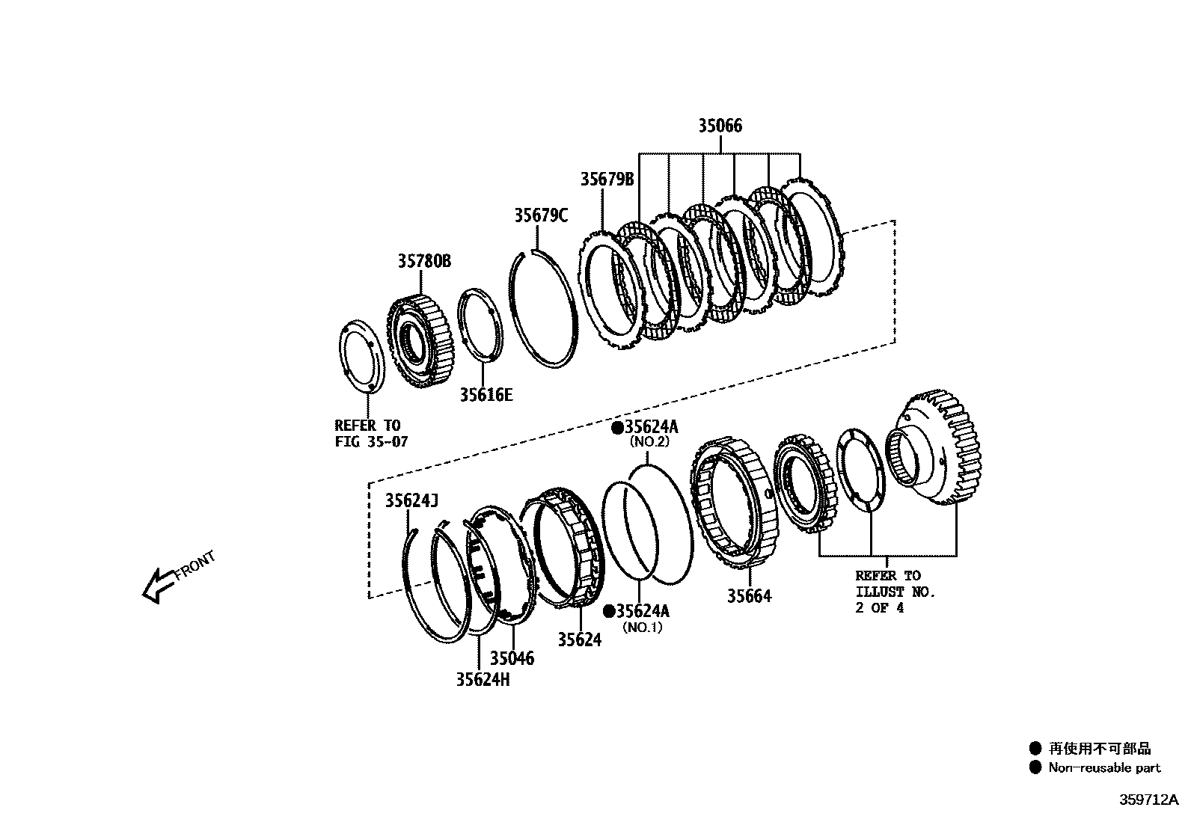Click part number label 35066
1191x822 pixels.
pyautogui.click(x=720, y=126)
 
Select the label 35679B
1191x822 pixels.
pyautogui.click(x=607, y=180)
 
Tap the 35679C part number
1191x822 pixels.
pyautogui.click(x=540, y=215)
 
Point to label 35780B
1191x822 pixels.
pyautogui.click(x=423, y=261)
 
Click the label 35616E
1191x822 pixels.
pyautogui.click(x=486, y=395)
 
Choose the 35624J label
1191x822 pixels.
pyautogui.click(x=411, y=500)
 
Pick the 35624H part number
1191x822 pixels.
pyautogui.click(x=483, y=679)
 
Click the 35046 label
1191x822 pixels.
pyautogui.click(x=512, y=658)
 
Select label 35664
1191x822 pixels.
pyautogui.click(x=749, y=596)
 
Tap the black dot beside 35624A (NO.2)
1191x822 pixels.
pyautogui.click(x=617, y=428)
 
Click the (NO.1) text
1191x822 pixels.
pyautogui.click(x=643, y=628)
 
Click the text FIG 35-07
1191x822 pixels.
pyautogui.click(x=371, y=441)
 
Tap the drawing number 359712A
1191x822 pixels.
pyautogui.click(x=1148, y=800)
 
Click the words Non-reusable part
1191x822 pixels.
pyautogui.click(x=1104, y=767)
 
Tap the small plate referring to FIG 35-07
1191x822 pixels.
pyautogui.click(x=362, y=355)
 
